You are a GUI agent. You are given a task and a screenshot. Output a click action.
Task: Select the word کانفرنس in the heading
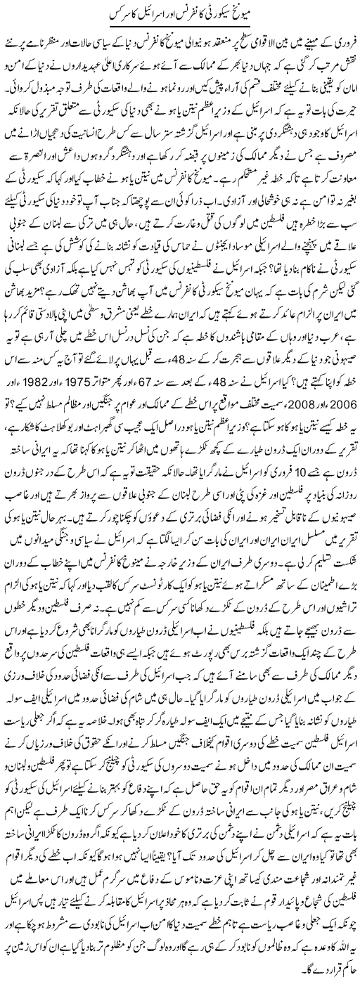point(184,15)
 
